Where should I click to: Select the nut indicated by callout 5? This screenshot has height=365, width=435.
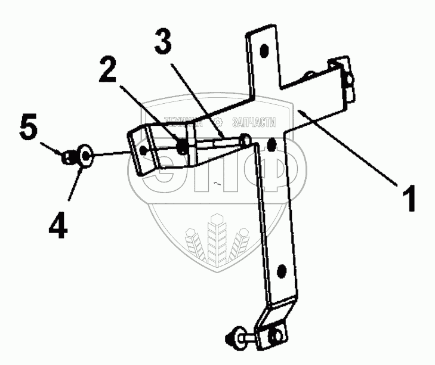tap(69, 157)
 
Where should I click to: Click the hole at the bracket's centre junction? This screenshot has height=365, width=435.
tap(272, 144)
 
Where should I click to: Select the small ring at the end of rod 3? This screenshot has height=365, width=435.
tap(245, 140)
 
